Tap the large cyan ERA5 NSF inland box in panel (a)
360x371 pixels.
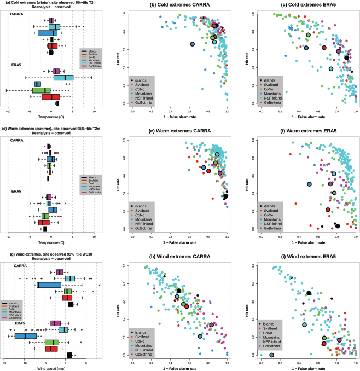click(63, 77)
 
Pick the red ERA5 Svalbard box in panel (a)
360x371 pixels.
click(51, 97)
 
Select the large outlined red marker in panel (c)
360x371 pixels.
click(324, 48)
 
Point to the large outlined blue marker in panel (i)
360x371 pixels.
click(271, 355)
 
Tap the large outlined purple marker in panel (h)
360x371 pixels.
click(211, 324)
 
